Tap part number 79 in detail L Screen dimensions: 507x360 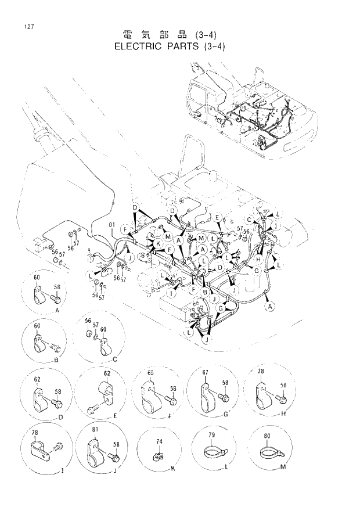point(211,435)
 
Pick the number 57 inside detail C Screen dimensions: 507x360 point(96,326)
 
